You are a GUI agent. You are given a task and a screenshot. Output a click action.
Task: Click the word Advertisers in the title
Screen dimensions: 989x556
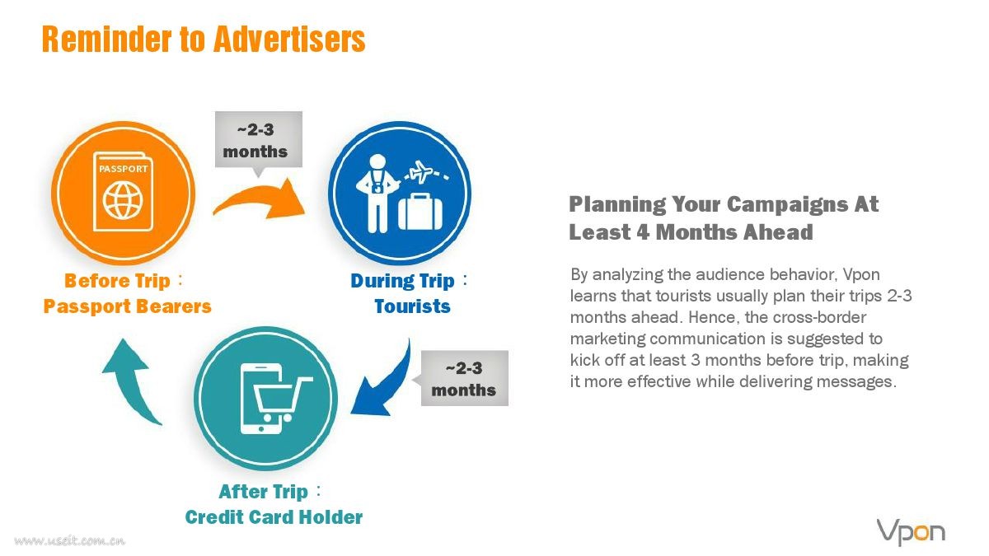[x=289, y=39]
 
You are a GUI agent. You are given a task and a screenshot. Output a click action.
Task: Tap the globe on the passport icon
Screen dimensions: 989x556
[x=123, y=201]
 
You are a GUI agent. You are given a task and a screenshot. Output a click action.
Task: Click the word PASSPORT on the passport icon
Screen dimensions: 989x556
[x=123, y=169]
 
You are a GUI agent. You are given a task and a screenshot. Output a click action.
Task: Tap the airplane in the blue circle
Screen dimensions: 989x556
[x=422, y=171]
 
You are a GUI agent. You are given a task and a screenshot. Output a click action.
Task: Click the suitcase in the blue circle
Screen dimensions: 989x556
[x=420, y=212]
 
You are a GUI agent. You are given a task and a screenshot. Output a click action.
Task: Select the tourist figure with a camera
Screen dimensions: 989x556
[x=377, y=194]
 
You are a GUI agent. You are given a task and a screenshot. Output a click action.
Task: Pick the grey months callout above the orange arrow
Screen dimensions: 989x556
[x=259, y=140]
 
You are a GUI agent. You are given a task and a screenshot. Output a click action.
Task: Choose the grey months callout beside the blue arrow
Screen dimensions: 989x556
[x=464, y=378]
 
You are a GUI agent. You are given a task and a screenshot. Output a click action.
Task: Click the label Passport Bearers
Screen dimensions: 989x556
[x=128, y=306]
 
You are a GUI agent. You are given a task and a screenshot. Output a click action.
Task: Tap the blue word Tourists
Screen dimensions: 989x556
[x=412, y=306]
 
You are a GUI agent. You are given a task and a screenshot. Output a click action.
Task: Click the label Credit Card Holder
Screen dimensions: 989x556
[x=274, y=517]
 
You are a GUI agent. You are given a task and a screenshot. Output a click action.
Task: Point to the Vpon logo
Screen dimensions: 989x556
[x=911, y=532]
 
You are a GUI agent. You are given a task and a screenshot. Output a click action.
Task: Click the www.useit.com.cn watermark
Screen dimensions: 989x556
[x=70, y=540]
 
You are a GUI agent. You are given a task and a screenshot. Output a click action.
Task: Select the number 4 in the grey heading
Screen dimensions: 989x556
[x=643, y=232]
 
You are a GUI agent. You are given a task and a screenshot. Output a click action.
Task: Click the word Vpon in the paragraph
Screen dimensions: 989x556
[x=861, y=275]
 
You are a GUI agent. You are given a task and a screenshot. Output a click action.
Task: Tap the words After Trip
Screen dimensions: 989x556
[x=263, y=492]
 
